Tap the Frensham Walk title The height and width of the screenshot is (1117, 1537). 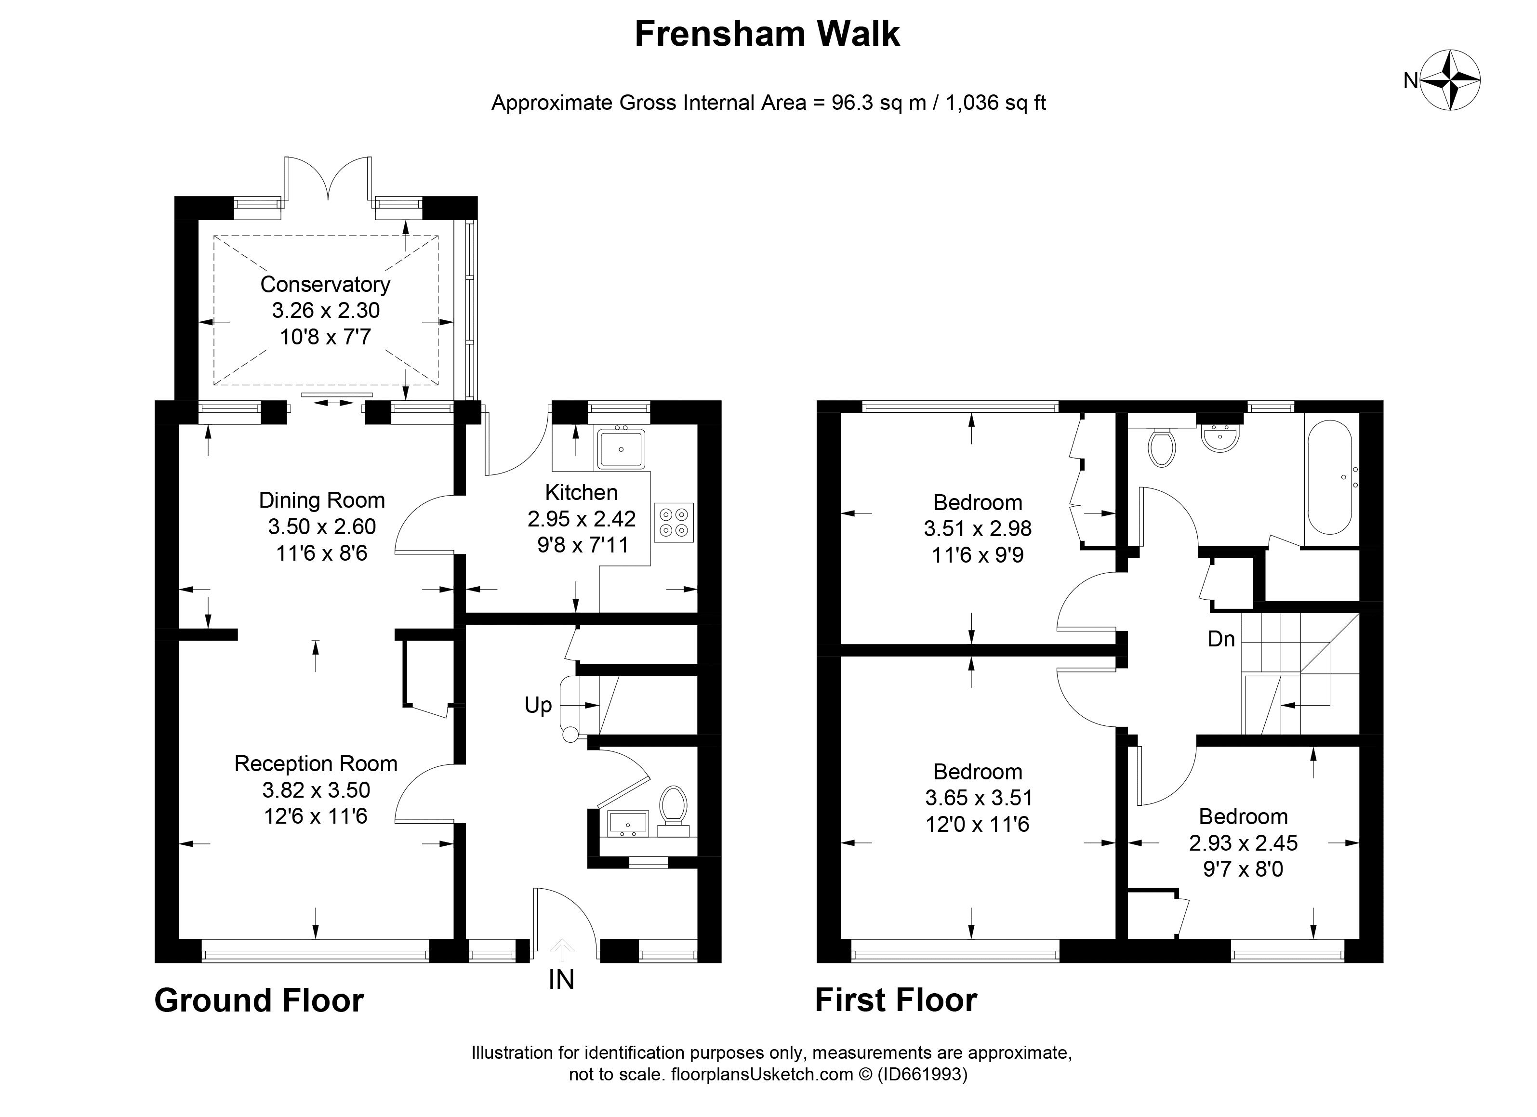click(767, 34)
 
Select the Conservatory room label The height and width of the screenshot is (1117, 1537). click(325, 285)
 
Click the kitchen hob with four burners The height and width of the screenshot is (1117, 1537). click(674, 522)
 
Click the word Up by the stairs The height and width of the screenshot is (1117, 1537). click(538, 706)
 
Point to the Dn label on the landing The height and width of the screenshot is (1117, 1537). click(1221, 639)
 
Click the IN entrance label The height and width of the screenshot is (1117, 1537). click(561, 980)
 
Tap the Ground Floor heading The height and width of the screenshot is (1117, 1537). click(259, 1000)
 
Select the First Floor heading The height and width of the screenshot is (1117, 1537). click(896, 1000)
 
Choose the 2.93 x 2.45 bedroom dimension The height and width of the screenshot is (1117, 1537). click(1243, 842)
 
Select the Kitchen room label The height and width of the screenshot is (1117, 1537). click(582, 492)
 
